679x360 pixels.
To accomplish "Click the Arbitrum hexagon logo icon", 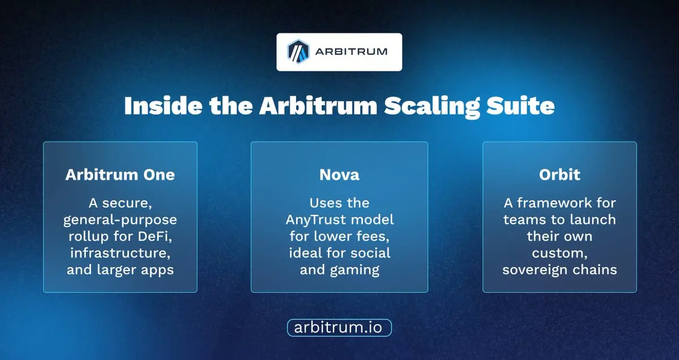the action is coord(298,52).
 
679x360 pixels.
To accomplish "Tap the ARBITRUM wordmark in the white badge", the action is coord(351,52).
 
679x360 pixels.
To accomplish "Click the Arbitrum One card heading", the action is coord(120,174).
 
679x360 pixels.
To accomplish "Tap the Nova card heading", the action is coord(340,174).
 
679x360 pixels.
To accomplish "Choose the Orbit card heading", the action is coord(560,174).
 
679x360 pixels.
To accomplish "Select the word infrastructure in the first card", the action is coord(121,252).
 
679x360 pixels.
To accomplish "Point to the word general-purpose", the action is coord(120,220).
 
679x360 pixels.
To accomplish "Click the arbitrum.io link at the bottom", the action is coord(339,328).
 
